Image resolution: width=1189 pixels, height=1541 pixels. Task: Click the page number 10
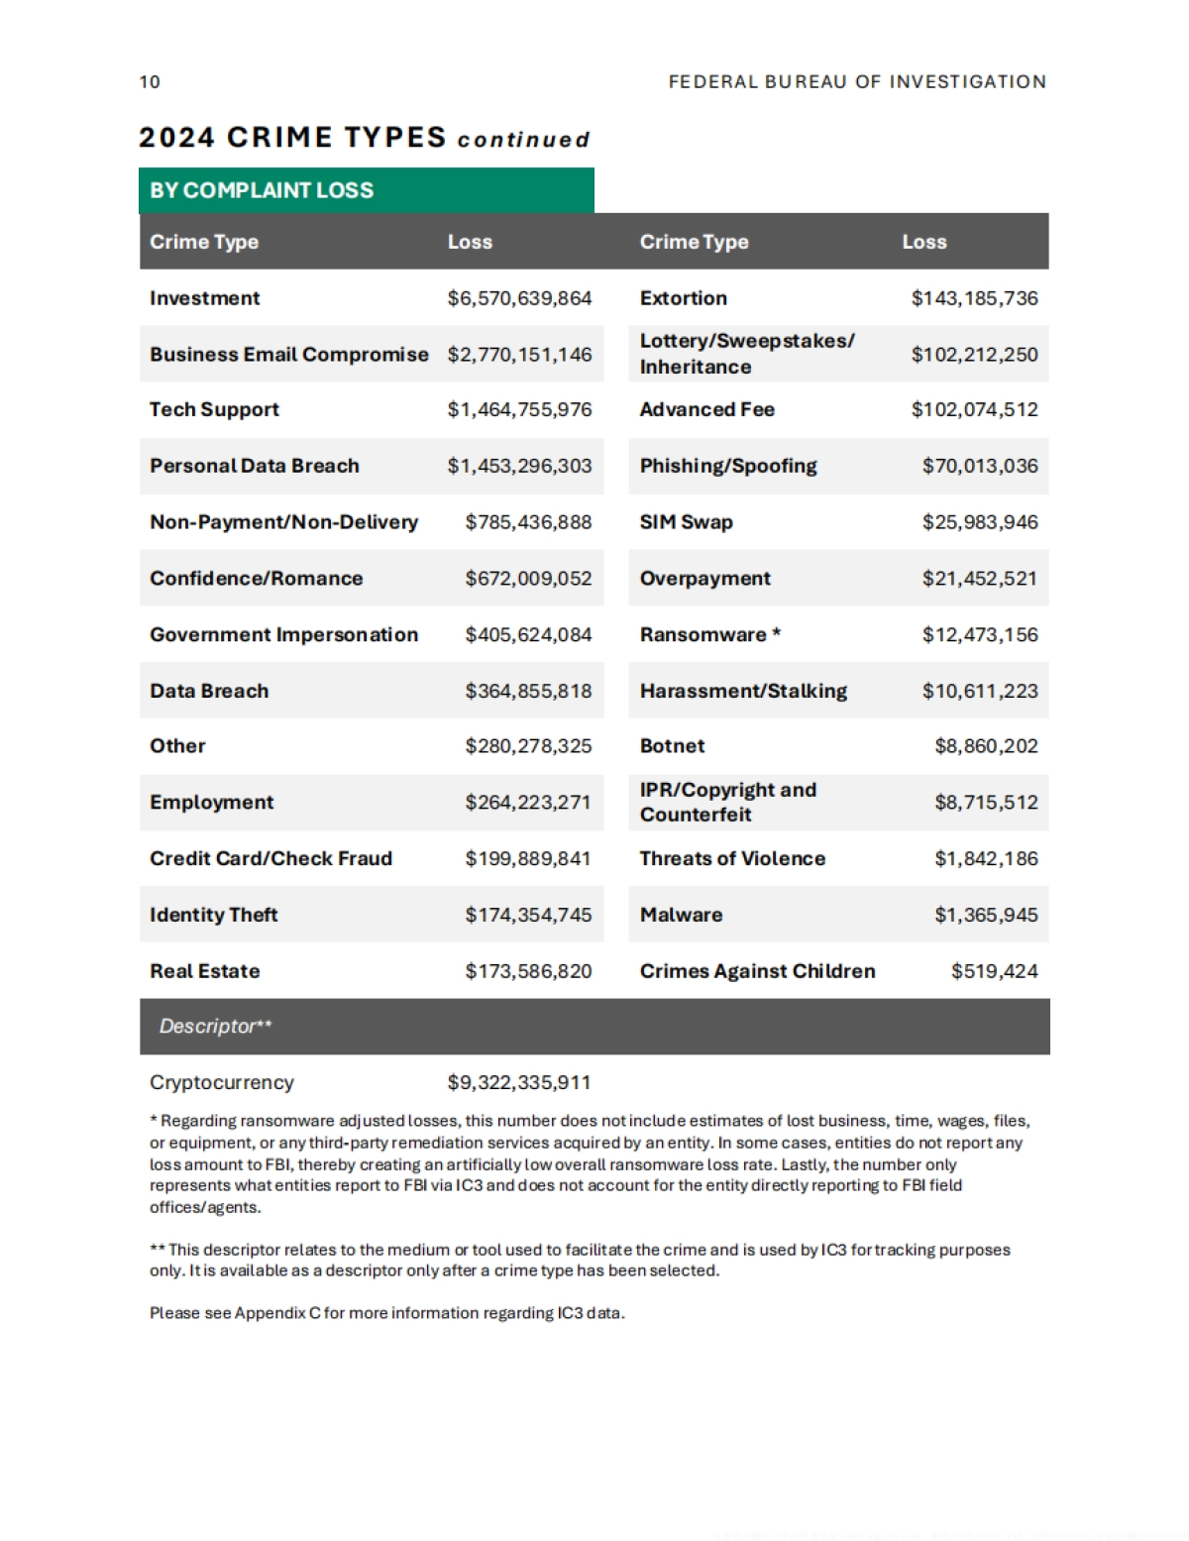click(x=150, y=82)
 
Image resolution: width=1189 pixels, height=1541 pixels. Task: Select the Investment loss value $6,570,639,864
click(x=519, y=298)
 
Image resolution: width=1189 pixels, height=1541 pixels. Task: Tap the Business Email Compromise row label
click(x=288, y=355)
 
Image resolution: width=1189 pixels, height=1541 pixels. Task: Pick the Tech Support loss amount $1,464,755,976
click(x=519, y=410)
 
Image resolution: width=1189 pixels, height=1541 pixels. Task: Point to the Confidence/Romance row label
click(x=256, y=579)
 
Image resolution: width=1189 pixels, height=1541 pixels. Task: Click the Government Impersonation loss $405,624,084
click(x=528, y=635)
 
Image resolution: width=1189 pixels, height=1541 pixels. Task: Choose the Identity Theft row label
click(x=213, y=916)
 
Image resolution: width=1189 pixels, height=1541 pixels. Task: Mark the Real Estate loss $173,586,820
click(x=528, y=972)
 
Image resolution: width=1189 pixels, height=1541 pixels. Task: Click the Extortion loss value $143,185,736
click(x=974, y=298)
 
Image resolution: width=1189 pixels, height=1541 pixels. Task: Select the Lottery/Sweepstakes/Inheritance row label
click(x=746, y=354)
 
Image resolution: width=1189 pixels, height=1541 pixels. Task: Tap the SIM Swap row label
click(x=686, y=522)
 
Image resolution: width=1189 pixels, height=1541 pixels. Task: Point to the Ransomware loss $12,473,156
click(x=980, y=635)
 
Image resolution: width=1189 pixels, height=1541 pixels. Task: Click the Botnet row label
click(x=672, y=746)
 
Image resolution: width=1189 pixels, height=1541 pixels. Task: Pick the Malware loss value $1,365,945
click(x=986, y=916)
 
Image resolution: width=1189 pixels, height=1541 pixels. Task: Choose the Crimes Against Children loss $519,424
click(x=994, y=972)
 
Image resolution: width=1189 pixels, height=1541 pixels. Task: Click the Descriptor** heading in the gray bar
click(x=215, y=1027)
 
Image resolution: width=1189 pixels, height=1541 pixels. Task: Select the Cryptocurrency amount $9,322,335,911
click(x=518, y=1083)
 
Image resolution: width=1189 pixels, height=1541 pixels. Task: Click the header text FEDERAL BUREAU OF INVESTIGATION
click(x=857, y=82)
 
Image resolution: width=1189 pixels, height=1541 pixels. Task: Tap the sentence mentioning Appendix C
click(x=386, y=1314)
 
